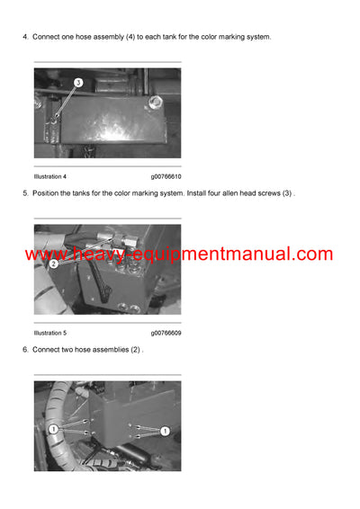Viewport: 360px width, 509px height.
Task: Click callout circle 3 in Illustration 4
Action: click(x=78, y=83)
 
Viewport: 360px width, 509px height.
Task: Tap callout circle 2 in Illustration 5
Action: click(x=54, y=264)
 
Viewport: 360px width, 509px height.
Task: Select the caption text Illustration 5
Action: click(x=50, y=333)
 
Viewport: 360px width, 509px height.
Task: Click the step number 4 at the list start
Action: click(x=23, y=37)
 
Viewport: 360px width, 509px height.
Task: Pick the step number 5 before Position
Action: click(x=23, y=193)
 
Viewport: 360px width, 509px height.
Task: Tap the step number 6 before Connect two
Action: click(x=23, y=349)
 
